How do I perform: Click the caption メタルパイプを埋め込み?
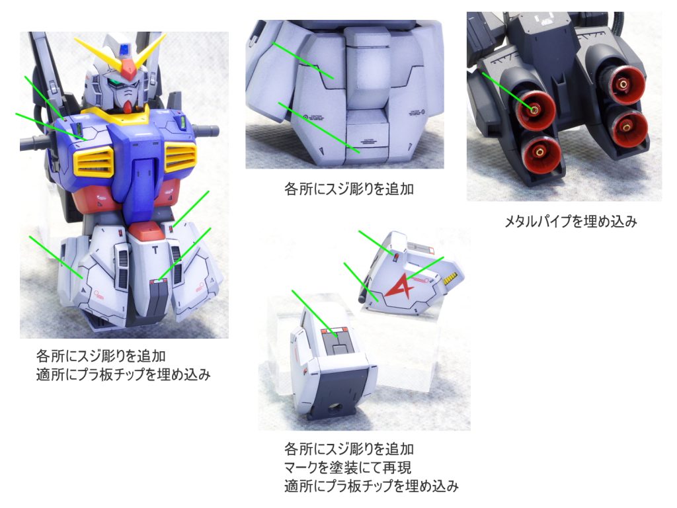coord(571,222)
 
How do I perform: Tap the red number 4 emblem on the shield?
coord(400,285)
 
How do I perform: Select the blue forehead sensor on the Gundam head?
coord(124,49)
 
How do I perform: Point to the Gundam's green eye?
coord(114,82)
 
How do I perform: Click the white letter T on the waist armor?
coord(155,249)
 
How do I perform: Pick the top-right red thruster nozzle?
coord(623,85)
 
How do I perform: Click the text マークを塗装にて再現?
coord(348,468)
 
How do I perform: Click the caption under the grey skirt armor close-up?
coord(349,189)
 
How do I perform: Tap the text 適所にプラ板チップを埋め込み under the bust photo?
coord(124,374)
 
